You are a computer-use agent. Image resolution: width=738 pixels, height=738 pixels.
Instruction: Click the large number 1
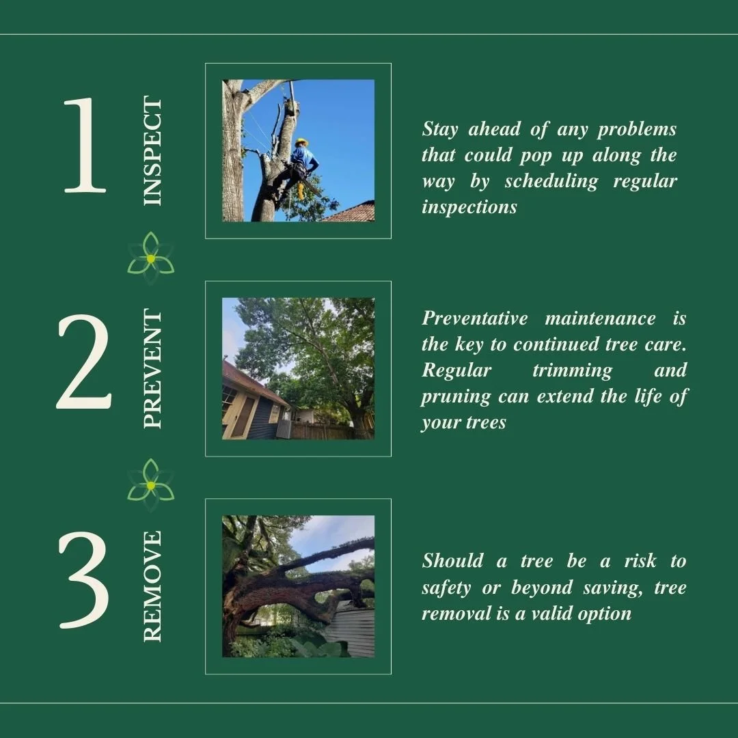pyautogui.click(x=85, y=145)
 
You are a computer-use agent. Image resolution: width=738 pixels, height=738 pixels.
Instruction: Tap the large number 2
pyautogui.click(x=83, y=362)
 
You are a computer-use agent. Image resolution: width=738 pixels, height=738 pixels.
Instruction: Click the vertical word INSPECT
pyautogui.click(x=153, y=151)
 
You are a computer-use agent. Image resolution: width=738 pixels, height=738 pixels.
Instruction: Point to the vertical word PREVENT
pyautogui.click(x=153, y=369)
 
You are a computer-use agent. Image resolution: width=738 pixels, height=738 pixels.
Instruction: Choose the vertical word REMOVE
pyautogui.click(x=153, y=586)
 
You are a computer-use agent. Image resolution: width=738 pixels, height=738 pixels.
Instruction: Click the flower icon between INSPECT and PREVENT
pyautogui.click(x=150, y=258)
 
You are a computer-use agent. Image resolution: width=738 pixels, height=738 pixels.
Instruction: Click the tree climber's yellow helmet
pyautogui.click(x=301, y=142)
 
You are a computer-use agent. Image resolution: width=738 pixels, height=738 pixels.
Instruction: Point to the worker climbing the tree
pyautogui.click(x=297, y=167)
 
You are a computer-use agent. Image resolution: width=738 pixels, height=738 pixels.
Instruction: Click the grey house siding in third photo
pyautogui.click(x=353, y=632)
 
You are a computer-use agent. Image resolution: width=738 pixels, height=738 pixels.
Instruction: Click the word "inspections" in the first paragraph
pyautogui.click(x=469, y=207)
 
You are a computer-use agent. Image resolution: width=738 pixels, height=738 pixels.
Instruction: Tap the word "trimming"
pyautogui.click(x=572, y=370)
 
